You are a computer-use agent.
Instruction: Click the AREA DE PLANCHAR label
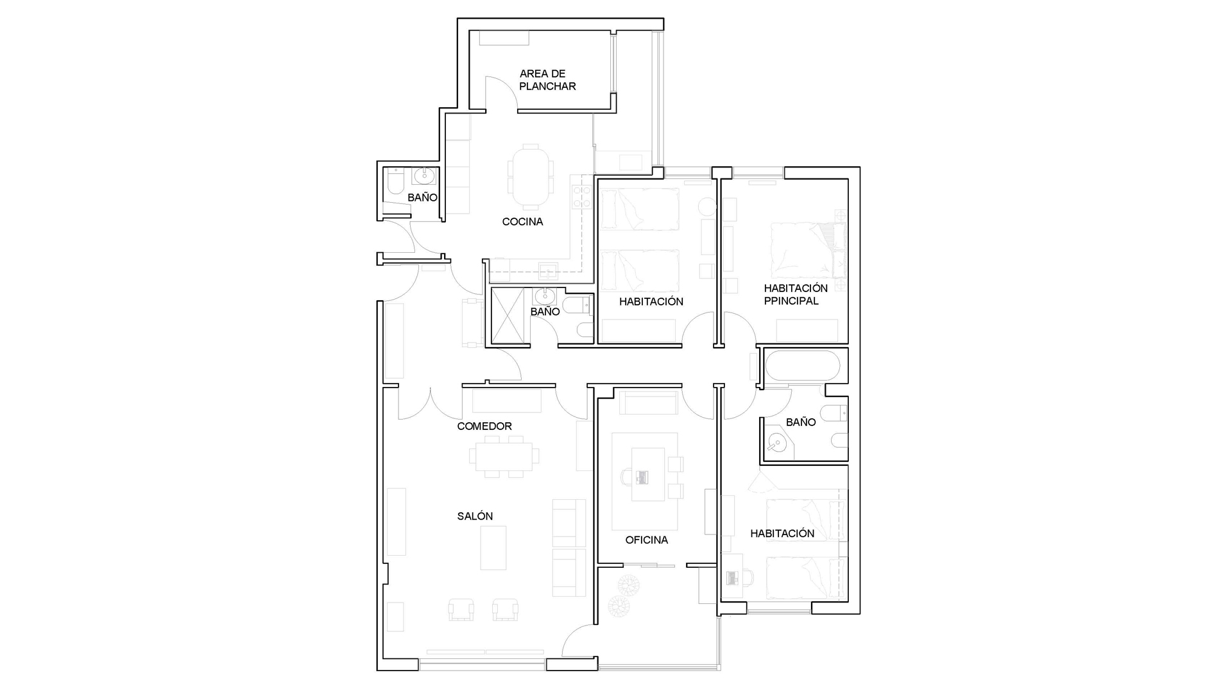547,80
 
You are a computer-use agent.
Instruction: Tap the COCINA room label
522,222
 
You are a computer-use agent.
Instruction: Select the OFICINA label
647,540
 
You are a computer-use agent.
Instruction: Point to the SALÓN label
475,516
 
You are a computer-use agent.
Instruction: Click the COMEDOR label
484,426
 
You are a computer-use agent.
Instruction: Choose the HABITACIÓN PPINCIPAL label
796,295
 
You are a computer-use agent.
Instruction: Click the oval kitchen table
530,177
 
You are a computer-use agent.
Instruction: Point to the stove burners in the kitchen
581,197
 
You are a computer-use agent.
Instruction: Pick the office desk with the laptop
648,474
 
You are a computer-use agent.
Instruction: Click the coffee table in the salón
493,548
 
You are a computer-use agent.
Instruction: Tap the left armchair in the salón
461,609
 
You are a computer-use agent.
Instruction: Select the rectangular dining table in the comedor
504,456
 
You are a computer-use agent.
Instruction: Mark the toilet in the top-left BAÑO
395,182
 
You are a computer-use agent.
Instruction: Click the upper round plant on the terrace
625,585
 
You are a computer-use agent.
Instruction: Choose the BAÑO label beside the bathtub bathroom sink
801,422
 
